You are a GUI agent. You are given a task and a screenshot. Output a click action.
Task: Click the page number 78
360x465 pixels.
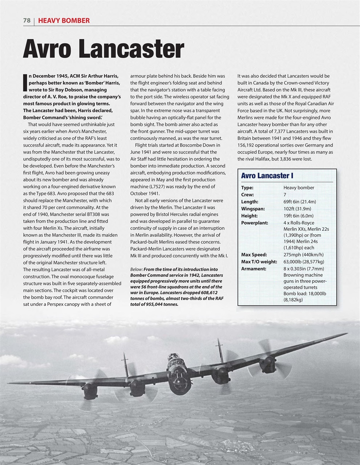[x=27, y=21]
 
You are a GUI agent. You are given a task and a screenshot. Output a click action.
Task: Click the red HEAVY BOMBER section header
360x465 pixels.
[x=64, y=21]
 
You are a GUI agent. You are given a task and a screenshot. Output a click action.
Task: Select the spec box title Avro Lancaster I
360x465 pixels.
[x=267, y=176]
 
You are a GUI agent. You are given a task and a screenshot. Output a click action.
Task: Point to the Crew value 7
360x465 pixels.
[x=285, y=195]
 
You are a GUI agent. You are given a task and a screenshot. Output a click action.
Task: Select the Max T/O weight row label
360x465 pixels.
[x=259, y=262]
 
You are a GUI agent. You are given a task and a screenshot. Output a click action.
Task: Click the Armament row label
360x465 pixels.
[x=254, y=269]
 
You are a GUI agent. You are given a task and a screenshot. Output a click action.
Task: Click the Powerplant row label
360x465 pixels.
[x=254, y=223]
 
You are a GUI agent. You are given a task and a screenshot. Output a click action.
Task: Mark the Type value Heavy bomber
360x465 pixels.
[x=299, y=188]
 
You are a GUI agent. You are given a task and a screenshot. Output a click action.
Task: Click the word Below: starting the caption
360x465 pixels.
[x=137, y=269]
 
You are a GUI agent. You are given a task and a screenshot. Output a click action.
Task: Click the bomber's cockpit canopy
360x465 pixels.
[x=174, y=359]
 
